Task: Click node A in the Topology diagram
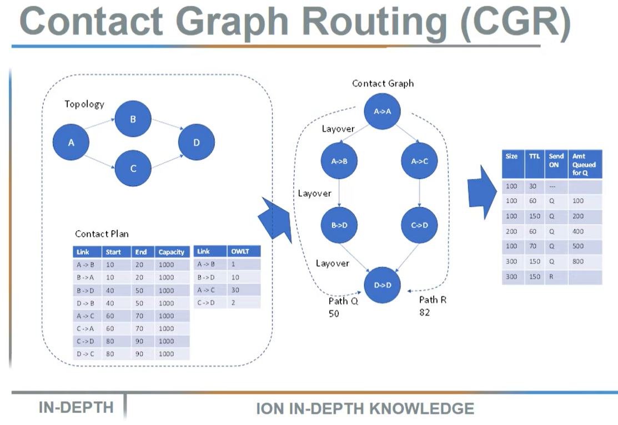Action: click(71, 143)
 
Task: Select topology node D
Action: click(196, 143)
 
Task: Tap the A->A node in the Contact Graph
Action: click(382, 111)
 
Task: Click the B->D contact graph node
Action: click(339, 226)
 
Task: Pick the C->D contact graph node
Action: click(419, 226)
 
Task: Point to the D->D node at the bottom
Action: click(382, 285)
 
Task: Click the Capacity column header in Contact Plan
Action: click(172, 252)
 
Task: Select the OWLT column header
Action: click(240, 252)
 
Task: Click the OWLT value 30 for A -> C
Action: click(235, 290)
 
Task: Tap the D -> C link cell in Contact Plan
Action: click(86, 354)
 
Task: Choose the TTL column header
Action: click(534, 156)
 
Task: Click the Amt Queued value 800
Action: click(579, 261)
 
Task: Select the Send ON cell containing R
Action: click(553, 277)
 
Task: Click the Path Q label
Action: click(343, 301)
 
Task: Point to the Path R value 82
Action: click(425, 312)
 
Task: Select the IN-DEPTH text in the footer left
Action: click(76, 408)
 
